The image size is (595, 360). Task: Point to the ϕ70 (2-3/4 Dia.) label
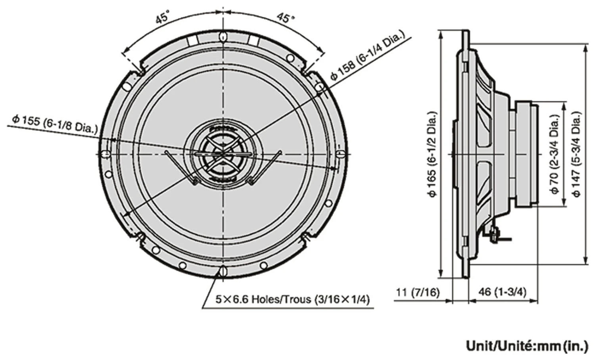tap(555, 154)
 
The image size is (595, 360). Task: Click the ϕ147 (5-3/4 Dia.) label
tap(577, 154)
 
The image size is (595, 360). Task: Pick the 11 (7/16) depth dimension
tap(418, 293)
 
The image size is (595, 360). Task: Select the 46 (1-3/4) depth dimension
tap(503, 293)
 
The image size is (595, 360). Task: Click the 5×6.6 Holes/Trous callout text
tap(292, 299)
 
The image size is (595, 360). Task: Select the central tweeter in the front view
tap(223, 153)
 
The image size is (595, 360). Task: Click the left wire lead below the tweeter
tap(180, 167)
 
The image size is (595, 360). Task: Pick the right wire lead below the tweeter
tap(266, 167)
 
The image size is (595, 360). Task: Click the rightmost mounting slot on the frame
tap(339, 153)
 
